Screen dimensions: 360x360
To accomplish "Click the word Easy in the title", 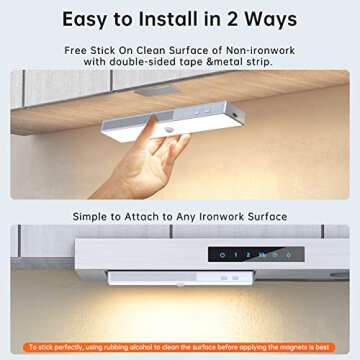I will [92, 20].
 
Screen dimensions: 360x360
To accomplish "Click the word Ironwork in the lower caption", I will [223, 216].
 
